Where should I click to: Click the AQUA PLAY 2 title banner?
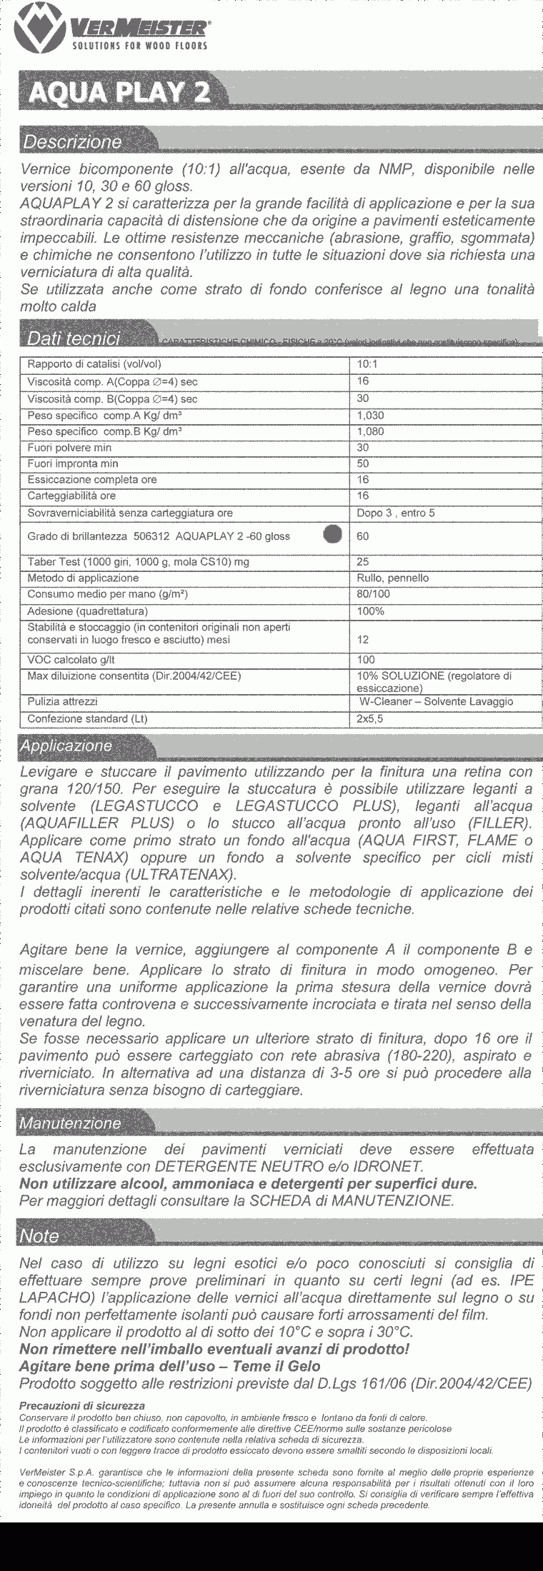[114, 91]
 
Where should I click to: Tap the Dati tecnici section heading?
[72, 338]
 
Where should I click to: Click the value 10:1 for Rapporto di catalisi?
[368, 364]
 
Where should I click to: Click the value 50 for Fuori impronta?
[363, 463]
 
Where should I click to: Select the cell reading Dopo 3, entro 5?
[395, 513]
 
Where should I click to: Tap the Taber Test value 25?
[363, 562]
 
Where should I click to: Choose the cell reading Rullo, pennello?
[392, 578]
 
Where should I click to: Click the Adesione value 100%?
[370, 611]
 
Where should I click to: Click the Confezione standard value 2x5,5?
[370, 719]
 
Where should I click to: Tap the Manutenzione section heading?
[70, 1123]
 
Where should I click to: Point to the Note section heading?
[39, 1236]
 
